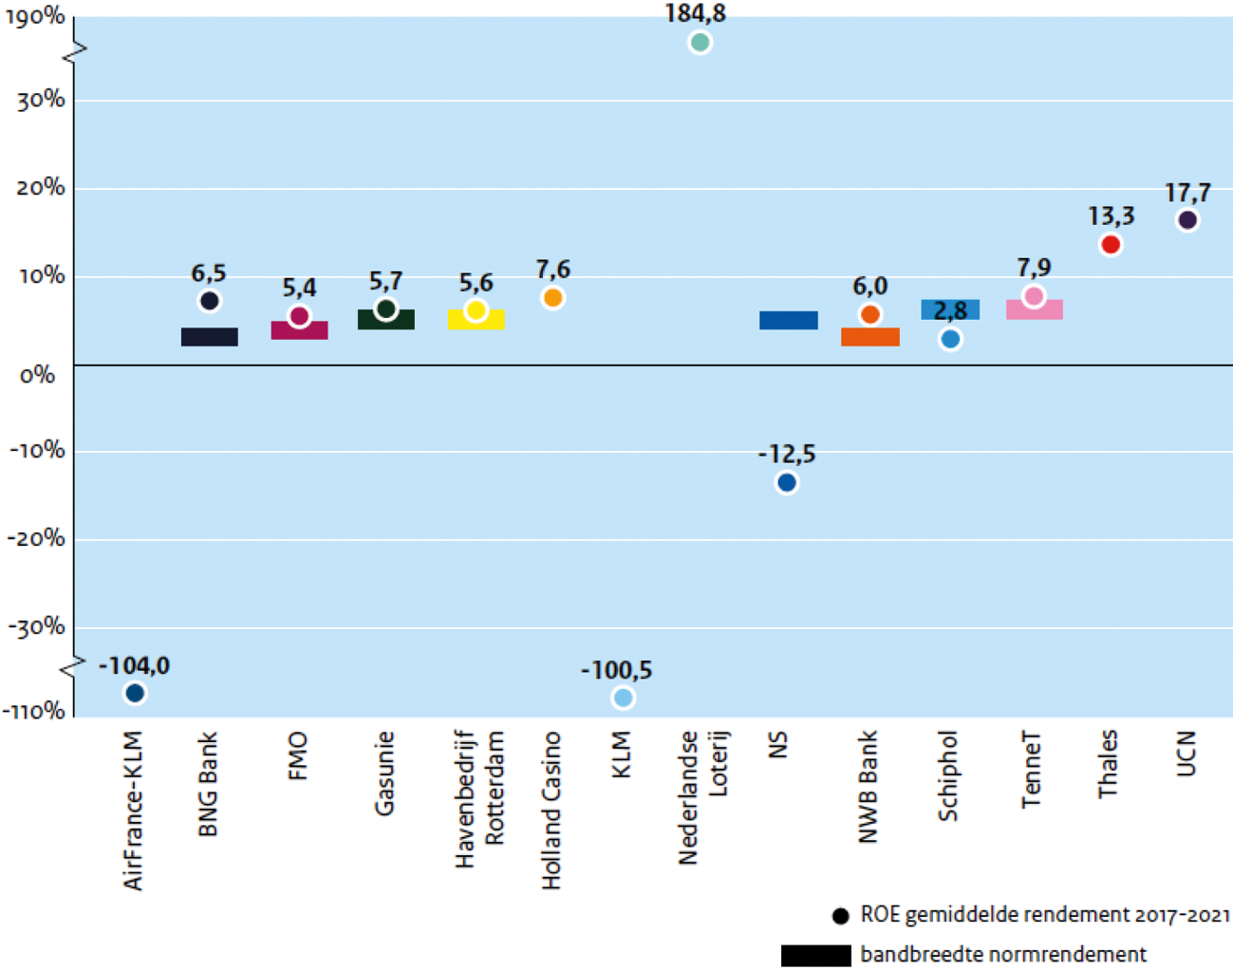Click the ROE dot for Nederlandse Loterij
700,43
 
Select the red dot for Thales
1111,245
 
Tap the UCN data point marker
1187,220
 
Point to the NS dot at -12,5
787,483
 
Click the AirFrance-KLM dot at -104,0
135,694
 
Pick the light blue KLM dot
623,699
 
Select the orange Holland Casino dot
552,298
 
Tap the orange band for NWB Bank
870,338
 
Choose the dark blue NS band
789,321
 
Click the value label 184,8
696,13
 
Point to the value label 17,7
1187,194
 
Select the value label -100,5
617,671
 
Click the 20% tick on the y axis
41,188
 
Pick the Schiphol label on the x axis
947,775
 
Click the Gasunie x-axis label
383,774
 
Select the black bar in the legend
815,955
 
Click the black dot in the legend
840,916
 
